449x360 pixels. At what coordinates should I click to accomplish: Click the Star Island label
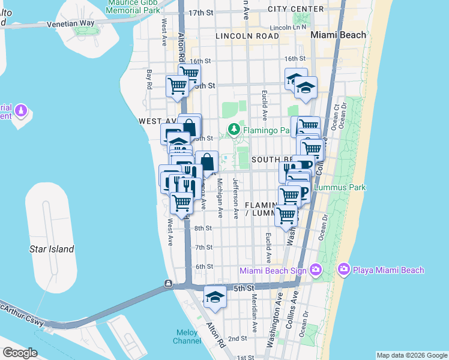[52, 249]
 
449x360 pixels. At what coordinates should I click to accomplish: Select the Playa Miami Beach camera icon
[345, 270]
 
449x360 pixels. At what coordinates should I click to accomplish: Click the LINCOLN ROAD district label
[247, 36]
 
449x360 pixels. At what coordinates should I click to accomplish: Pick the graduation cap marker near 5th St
[215, 296]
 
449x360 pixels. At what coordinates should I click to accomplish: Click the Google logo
[20, 353]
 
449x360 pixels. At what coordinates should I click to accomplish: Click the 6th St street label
[204, 266]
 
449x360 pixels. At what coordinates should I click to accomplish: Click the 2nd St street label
[238, 338]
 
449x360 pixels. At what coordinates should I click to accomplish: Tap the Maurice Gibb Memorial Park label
[133, 6]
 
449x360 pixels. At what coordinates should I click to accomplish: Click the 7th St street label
[204, 247]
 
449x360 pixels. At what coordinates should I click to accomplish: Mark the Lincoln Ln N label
[288, 28]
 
